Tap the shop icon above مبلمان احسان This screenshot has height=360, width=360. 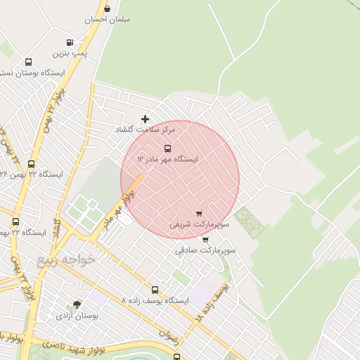click(107, 8)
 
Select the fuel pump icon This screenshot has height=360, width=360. click(69, 42)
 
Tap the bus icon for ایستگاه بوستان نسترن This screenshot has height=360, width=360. click(28, 62)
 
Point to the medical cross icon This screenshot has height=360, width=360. click(146, 119)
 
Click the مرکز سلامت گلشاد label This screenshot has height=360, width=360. click(146, 130)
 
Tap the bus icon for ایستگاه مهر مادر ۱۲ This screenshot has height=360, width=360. click(167, 148)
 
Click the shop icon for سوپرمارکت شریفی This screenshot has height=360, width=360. click(199, 214)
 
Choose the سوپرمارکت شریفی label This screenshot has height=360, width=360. click(200, 225)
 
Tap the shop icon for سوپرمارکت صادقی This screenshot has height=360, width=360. click(205, 239)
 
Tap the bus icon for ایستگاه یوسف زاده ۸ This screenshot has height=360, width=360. click(155, 289)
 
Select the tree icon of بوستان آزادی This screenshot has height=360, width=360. click(77, 304)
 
